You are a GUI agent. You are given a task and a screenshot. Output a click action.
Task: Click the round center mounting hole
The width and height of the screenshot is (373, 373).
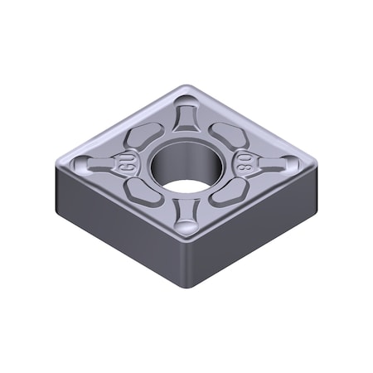[183, 162]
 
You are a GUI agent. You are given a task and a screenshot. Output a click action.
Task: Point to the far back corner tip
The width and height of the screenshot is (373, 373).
[189, 88]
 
